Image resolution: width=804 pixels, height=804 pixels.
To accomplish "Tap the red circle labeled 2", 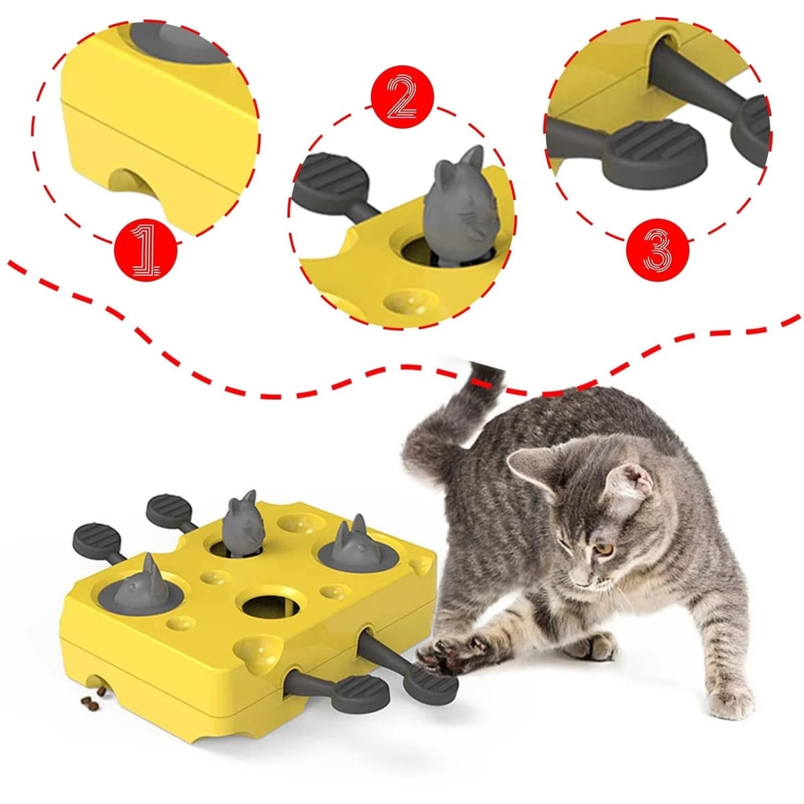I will (x=402, y=100).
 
